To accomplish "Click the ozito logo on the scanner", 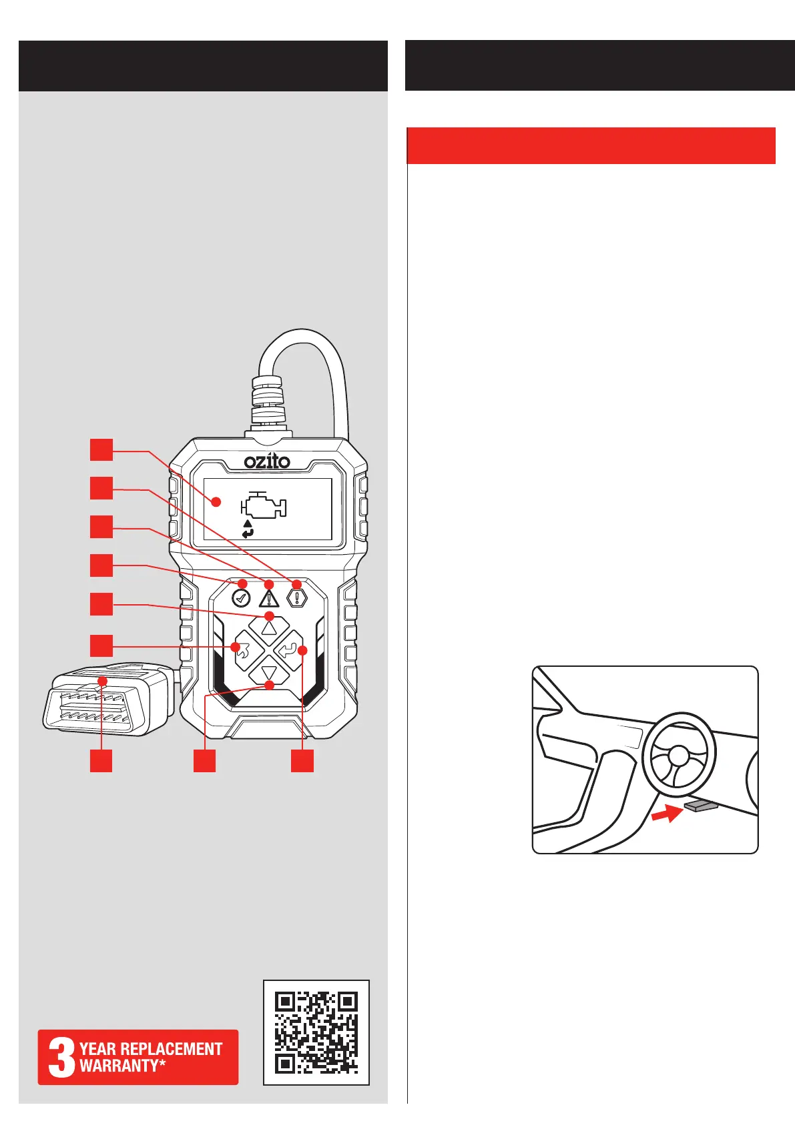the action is pyautogui.click(x=267, y=461).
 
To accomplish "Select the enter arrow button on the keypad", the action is pyautogui.click(x=289, y=649).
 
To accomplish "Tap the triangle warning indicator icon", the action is pyautogui.click(x=268, y=595).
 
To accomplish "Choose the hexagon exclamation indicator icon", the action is pyautogui.click(x=296, y=595).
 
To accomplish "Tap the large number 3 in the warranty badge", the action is pyautogui.click(x=61, y=1057).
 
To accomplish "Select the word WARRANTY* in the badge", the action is pyautogui.click(x=122, y=1066).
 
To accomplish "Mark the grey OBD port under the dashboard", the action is pyautogui.click(x=701, y=806).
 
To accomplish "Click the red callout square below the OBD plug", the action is pyautogui.click(x=101, y=761).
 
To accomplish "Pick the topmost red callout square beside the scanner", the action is pyautogui.click(x=101, y=449).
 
